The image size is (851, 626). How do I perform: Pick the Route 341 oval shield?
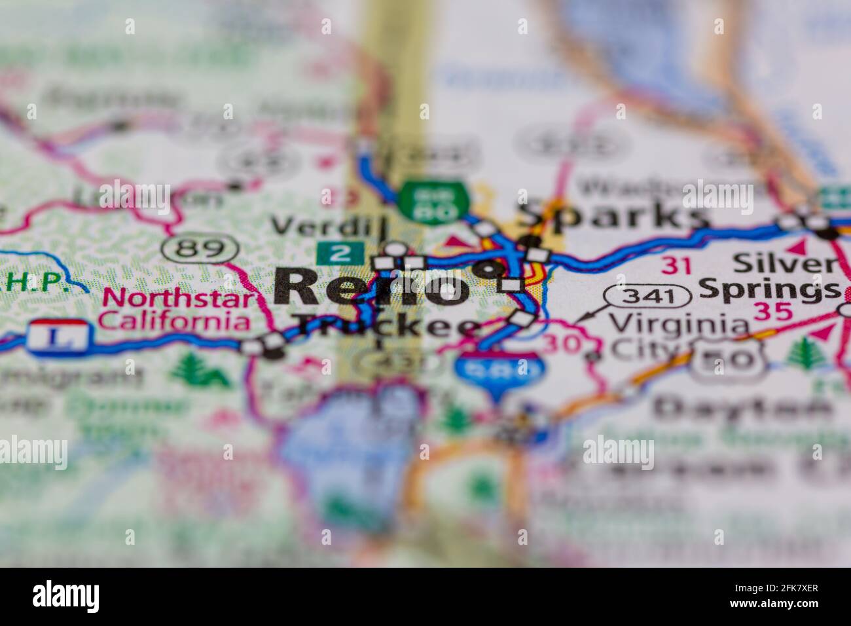[647, 296]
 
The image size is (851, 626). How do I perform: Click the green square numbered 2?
[340, 253]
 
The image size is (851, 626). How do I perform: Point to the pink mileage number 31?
[676, 265]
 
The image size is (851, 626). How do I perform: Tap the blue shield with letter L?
[58, 338]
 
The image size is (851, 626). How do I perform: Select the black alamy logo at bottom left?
[65, 597]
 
